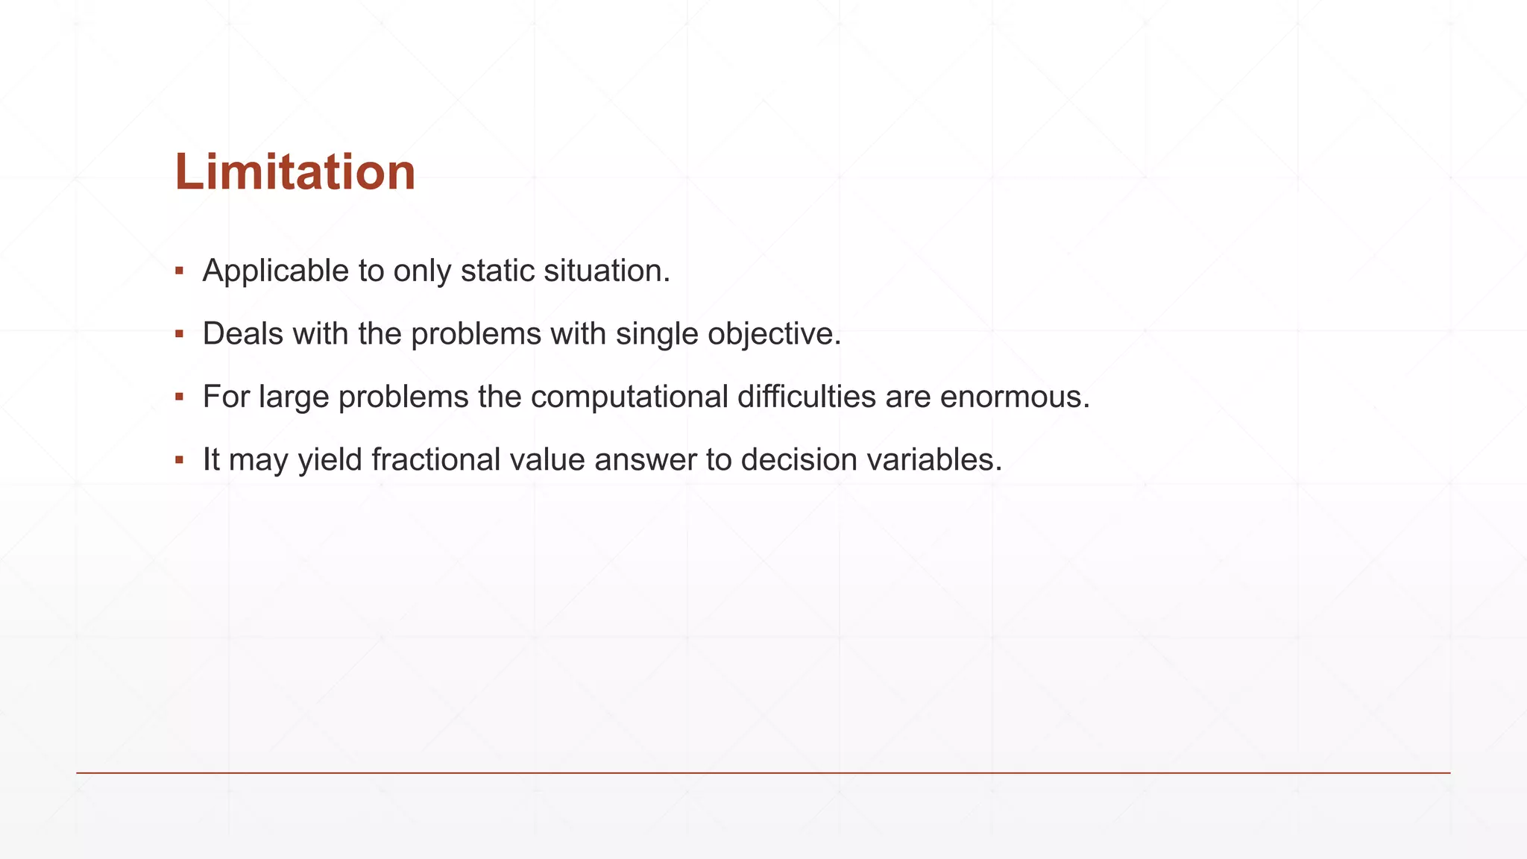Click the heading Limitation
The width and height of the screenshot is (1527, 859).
point(295,172)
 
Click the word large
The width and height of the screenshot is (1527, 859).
point(294,397)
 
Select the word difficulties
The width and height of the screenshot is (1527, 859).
point(806,397)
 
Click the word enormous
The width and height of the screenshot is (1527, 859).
point(1013,397)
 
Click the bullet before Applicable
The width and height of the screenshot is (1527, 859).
point(179,271)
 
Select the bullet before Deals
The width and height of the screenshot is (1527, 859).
point(179,334)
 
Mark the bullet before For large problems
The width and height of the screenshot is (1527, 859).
point(179,397)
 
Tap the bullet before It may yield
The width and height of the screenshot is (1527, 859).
point(179,460)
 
